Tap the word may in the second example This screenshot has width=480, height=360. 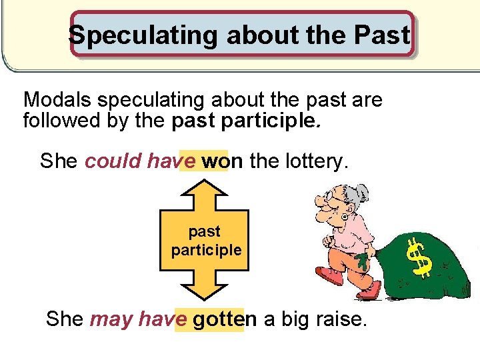pos(111,319)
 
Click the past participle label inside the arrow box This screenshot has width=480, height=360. pos(205,241)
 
